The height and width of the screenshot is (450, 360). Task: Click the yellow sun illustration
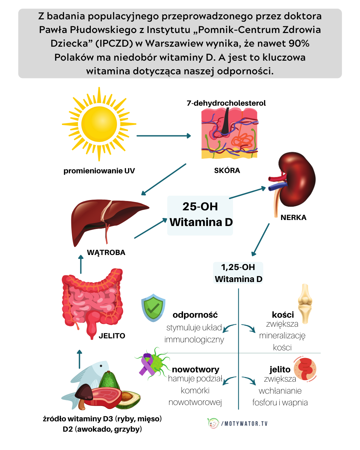coord(99,124)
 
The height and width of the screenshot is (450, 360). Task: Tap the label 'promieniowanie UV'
coord(99,171)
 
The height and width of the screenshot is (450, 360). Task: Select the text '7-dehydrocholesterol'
coord(226,103)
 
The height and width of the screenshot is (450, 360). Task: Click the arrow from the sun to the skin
coord(163,136)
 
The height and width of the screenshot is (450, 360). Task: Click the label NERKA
coord(293,218)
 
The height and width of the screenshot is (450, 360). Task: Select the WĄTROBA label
coord(106,253)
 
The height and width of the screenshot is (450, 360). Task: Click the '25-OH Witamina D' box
coord(200,215)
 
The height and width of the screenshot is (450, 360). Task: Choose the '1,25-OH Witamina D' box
coord(238,273)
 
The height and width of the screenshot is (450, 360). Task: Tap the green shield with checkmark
coord(153,308)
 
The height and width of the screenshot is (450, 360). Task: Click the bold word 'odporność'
coord(195,315)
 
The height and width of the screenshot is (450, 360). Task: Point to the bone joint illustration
coord(305,303)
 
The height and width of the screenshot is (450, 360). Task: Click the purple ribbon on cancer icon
coord(147,364)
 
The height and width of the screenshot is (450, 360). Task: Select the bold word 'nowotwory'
coord(196,369)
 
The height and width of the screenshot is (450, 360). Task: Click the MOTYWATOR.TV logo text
coord(245,424)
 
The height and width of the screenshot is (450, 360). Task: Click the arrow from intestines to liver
coord(81,264)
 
